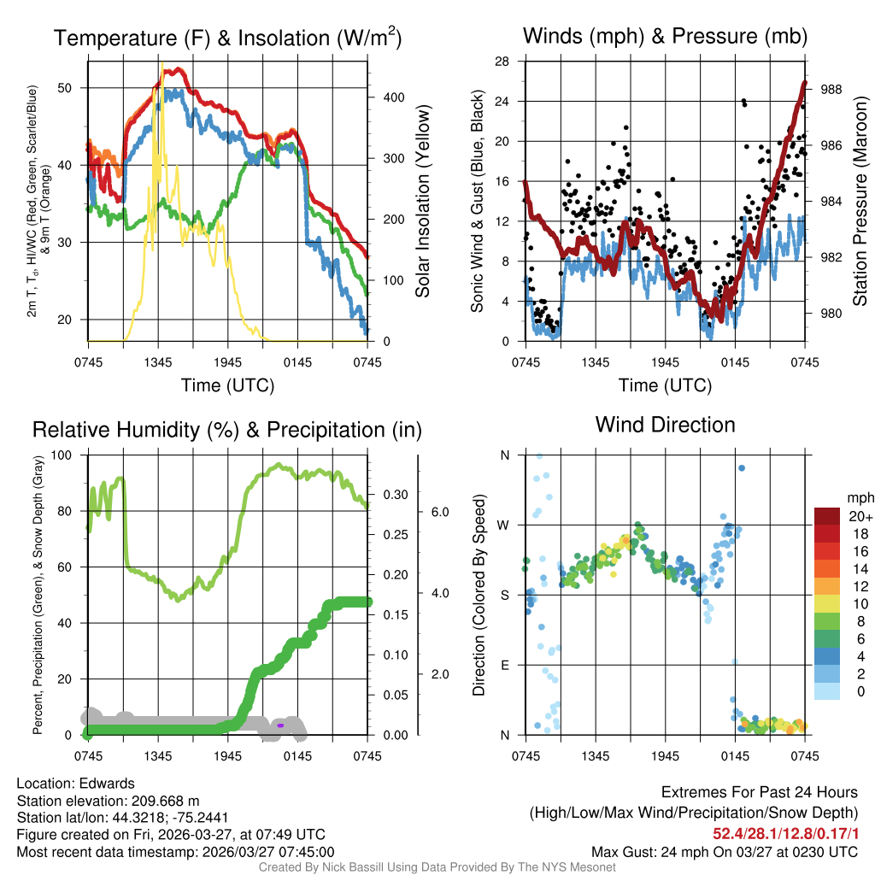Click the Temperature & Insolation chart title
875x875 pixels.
point(227,38)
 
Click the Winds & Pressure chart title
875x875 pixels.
point(665,36)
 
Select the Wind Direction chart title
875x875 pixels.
point(665,425)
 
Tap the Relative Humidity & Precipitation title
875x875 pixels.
point(227,429)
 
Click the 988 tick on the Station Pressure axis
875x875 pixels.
point(832,89)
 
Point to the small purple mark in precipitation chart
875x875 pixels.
point(279,725)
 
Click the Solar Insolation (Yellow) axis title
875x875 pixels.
point(422,201)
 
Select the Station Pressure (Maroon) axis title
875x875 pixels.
point(860,201)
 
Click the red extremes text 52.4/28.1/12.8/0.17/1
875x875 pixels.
point(785,832)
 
